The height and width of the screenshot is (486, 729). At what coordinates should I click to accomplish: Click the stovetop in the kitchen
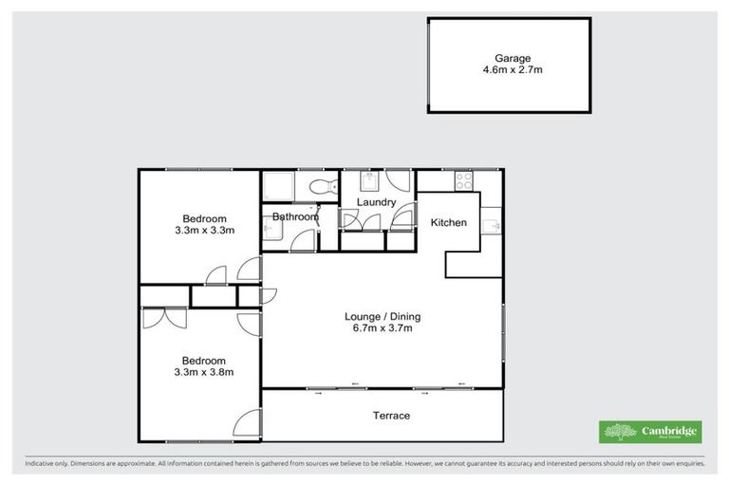(x=464, y=178)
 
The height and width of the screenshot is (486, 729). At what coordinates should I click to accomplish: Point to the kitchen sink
(x=491, y=226)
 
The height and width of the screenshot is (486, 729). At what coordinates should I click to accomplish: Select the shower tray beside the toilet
(x=277, y=186)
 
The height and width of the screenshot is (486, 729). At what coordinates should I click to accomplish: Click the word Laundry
(x=376, y=202)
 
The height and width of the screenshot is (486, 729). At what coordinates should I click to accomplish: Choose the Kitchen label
(x=448, y=223)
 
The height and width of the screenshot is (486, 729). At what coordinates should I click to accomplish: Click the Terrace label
(x=391, y=416)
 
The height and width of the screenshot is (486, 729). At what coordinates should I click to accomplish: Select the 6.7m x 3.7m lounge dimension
(x=383, y=328)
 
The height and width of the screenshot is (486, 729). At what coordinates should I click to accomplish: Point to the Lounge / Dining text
(x=383, y=316)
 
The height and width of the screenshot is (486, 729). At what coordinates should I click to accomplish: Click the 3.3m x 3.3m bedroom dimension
(x=204, y=230)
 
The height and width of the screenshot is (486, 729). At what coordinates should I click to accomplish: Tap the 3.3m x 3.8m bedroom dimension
(x=204, y=371)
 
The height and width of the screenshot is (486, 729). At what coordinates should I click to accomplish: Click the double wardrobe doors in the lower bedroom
(x=164, y=317)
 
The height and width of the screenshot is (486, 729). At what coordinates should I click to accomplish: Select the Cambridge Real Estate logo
(x=651, y=432)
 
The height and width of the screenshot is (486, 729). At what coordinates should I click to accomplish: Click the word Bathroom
(x=294, y=217)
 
